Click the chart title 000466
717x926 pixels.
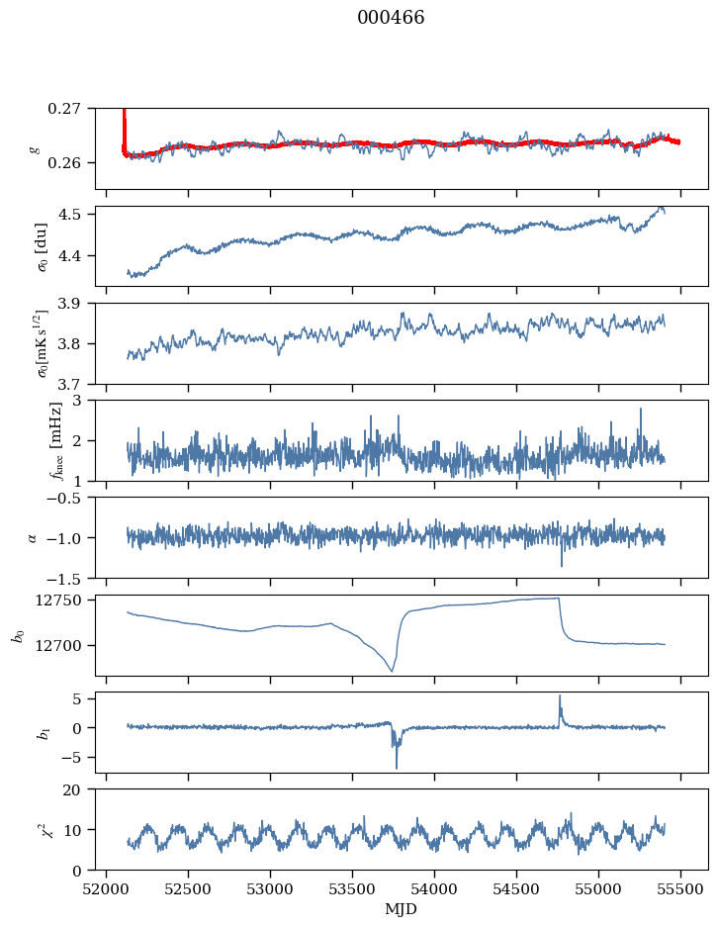(x=391, y=18)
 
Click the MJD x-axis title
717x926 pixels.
(x=402, y=909)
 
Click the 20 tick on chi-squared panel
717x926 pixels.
(x=78, y=789)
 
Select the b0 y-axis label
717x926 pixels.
(x=17, y=635)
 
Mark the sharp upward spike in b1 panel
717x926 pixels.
(x=560, y=695)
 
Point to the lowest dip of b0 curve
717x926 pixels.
(x=392, y=672)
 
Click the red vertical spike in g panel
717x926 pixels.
(x=124, y=124)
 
